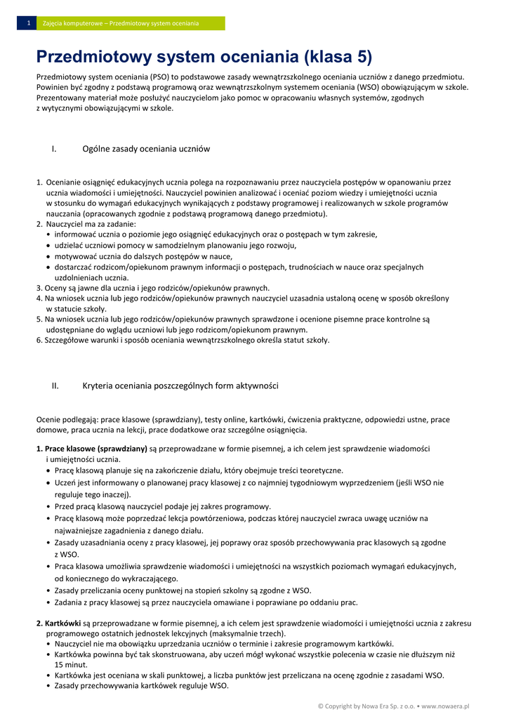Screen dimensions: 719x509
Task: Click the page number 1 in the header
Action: [28, 24]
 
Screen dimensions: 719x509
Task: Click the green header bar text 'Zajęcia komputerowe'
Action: [72, 24]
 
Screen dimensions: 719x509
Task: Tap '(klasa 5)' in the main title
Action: [338, 57]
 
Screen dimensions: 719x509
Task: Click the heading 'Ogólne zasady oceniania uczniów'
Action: [146, 149]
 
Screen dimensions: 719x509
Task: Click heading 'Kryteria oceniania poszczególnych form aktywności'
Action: [180, 385]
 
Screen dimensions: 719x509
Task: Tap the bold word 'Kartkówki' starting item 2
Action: [62, 623]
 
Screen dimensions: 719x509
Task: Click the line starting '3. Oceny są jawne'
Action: [153, 288]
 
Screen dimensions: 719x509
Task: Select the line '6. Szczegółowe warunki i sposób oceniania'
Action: [183, 340]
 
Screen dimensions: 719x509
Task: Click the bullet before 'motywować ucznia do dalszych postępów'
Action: [48, 257]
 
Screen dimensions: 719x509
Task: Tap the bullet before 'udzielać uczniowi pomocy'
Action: [48, 246]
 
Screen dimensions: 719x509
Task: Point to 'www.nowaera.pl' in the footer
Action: [445, 705]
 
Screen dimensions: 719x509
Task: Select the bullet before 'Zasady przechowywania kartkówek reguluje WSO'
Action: [48, 686]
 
